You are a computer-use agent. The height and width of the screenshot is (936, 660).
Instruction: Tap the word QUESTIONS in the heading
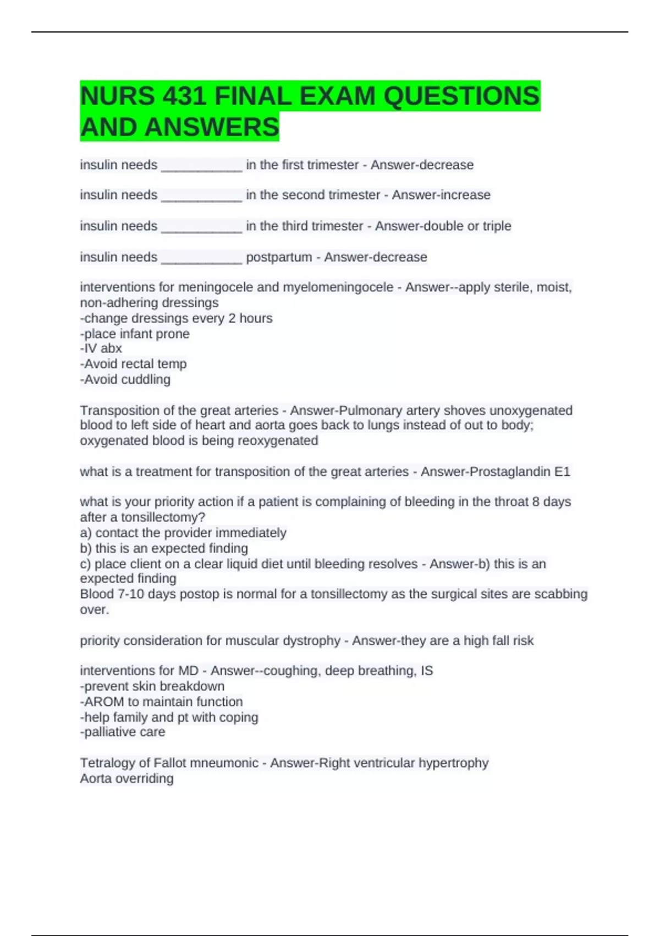click(x=461, y=96)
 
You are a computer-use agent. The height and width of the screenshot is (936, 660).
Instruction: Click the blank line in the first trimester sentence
click(x=201, y=165)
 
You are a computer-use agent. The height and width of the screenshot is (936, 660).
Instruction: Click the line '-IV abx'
click(x=101, y=349)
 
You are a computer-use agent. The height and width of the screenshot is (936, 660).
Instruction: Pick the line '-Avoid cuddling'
click(x=125, y=379)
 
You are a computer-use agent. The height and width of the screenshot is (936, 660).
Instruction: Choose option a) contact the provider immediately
click(x=183, y=533)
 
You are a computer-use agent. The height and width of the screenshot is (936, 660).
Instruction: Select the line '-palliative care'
click(x=123, y=732)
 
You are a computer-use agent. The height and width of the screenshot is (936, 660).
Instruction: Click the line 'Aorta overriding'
click(x=127, y=779)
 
